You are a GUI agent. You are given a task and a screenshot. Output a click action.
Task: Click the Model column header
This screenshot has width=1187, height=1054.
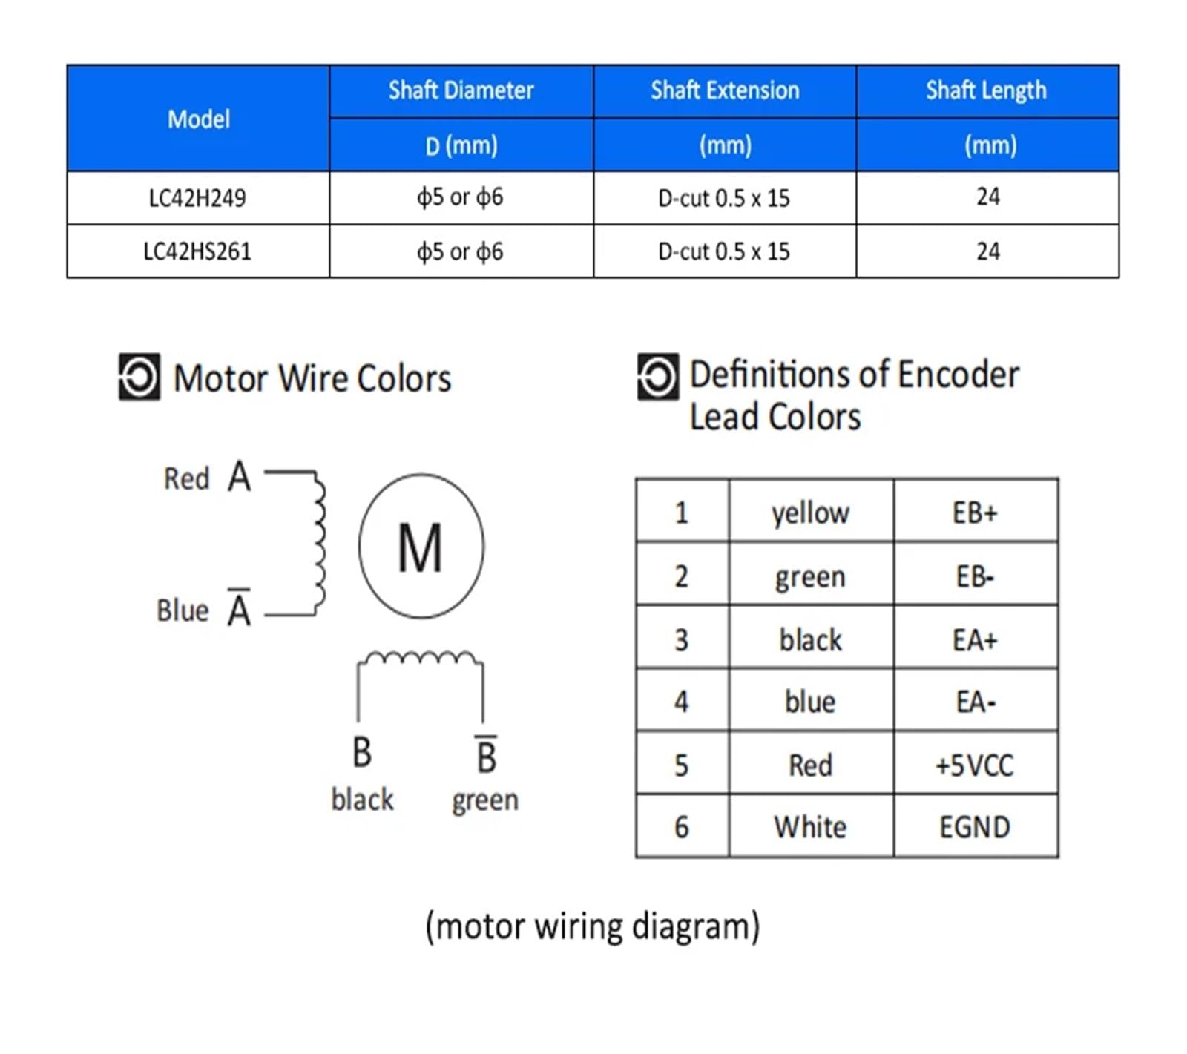pyautogui.click(x=198, y=119)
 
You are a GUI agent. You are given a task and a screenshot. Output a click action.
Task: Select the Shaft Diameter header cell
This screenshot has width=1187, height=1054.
pyautogui.click(x=461, y=90)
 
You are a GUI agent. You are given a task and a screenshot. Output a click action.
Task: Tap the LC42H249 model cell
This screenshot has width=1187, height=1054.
pyautogui.click(x=197, y=198)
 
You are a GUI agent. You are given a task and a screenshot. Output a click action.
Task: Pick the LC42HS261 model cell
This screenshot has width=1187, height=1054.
pyautogui.click(x=197, y=251)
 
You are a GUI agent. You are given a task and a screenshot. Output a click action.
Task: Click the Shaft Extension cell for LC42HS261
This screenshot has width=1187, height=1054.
pyautogui.click(x=724, y=251)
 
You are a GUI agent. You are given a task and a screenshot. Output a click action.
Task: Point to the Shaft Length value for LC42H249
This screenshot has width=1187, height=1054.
pyautogui.click(x=987, y=197)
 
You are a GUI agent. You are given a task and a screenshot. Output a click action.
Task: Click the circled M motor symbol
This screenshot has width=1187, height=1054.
pyautogui.click(x=421, y=546)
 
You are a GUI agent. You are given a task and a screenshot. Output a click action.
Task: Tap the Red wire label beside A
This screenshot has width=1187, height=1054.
pyautogui.click(x=186, y=478)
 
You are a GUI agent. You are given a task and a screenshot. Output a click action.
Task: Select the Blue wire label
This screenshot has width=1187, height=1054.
pyautogui.click(x=183, y=610)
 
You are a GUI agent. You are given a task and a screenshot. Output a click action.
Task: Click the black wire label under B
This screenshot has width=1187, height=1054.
pyautogui.click(x=362, y=800)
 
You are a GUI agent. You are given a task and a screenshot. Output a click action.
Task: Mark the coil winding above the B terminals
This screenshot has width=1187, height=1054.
pyautogui.click(x=421, y=657)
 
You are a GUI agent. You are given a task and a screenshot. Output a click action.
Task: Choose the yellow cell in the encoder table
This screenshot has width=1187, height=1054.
pyautogui.click(x=811, y=512)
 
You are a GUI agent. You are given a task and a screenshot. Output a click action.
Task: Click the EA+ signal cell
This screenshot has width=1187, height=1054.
pyautogui.click(x=976, y=639)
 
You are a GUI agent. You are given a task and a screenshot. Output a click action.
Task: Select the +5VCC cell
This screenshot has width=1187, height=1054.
pyautogui.click(x=976, y=765)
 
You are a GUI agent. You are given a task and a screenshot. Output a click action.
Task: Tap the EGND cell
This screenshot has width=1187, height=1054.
pyautogui.click(x=976, y=827)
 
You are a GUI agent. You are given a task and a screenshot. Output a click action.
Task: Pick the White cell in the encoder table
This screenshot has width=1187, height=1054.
pyautogui.click(x=811, y=827)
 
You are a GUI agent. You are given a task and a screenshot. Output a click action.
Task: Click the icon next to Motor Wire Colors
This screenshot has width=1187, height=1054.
pyautogui.click(x=139, y=377)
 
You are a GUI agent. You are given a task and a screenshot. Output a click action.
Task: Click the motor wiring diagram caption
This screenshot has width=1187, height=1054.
pyautogui.click(x=593, y=926)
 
